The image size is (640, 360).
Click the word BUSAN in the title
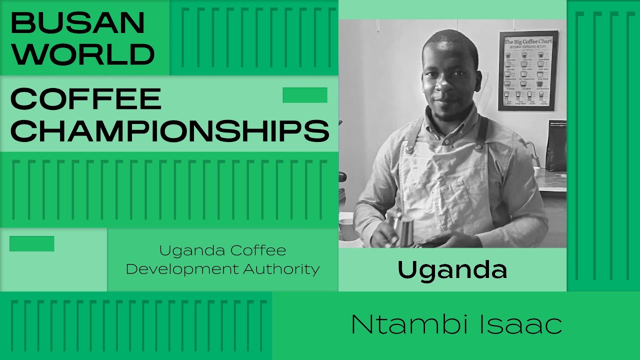77,22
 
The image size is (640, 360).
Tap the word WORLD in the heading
82,54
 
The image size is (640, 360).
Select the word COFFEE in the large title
85,98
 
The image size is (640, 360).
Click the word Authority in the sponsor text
281,269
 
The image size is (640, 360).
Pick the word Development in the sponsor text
182,269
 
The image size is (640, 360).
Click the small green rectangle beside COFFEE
305,95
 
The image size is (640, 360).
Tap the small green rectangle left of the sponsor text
31,243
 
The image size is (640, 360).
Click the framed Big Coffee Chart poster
527,70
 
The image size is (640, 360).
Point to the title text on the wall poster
527,41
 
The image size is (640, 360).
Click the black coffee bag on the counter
555,145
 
